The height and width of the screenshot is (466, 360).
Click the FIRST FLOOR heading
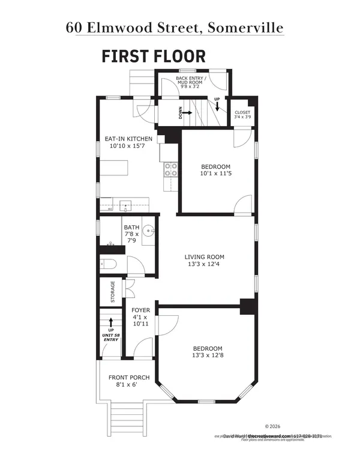[154, 56]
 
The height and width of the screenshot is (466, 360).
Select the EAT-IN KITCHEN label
[124, 139]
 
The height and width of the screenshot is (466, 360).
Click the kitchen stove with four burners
[171, 170]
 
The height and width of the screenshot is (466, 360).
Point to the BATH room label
[131, 228]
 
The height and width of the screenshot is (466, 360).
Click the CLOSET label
[242, 112]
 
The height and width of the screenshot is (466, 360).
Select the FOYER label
[140, 310]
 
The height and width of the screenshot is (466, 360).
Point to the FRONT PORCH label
[129, 378]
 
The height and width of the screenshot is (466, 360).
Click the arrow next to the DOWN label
[188, 112]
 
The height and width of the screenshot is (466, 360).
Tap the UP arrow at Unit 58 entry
[111, 322]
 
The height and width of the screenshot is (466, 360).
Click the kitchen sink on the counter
[126, 205]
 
